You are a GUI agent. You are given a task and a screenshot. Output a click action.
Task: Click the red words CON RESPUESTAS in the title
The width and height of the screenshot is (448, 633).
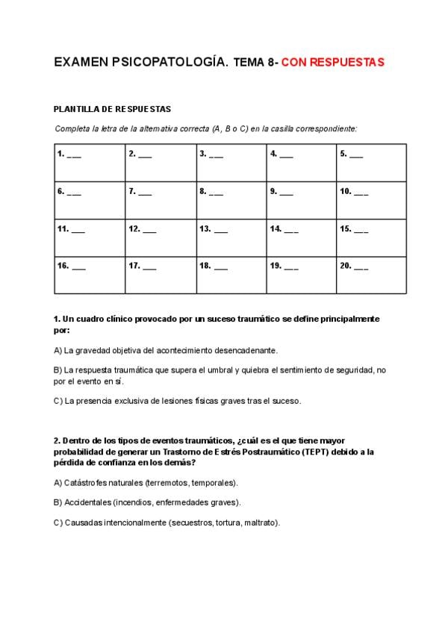333,63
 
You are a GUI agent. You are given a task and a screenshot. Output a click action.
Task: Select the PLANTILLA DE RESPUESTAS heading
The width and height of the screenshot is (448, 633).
113,109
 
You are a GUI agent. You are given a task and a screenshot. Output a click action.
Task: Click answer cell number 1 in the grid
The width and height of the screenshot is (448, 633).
90,162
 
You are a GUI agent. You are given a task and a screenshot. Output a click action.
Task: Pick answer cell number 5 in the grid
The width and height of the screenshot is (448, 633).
371,162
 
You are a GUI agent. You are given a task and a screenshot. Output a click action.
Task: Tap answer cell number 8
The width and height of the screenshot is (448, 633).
231,199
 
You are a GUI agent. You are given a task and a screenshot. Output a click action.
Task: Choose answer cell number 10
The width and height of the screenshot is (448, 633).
371,199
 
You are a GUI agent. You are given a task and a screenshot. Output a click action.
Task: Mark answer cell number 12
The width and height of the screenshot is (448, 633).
161,237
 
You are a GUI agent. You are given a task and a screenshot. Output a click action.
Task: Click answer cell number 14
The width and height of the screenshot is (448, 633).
301,237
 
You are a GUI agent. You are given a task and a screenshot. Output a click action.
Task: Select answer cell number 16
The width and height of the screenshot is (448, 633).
90,274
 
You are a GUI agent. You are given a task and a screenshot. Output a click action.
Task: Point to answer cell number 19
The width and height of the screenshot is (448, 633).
301,274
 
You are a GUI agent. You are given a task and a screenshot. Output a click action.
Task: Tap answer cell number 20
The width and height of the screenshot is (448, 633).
371,274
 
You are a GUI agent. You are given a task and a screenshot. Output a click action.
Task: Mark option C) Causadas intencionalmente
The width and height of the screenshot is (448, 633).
167,523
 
